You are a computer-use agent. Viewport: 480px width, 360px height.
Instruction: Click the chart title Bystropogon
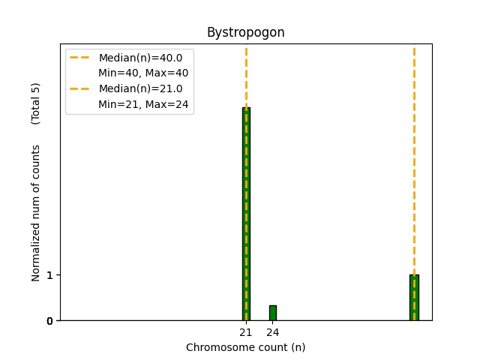tap(245, 33)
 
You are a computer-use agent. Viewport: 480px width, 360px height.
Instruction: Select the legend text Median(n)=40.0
tap(140, 58)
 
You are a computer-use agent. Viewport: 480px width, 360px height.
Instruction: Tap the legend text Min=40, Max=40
tap(143, 73)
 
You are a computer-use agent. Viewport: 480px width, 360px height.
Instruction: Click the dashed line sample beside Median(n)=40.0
tap(80, 58)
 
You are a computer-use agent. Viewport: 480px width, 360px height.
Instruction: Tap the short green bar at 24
tap(273, 313)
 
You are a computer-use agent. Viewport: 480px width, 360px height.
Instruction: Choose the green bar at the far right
tap(414, 298)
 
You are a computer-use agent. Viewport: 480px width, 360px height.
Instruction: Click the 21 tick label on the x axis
tap(246, 332)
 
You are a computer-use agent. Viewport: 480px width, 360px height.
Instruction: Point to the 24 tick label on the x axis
tap(273, 332)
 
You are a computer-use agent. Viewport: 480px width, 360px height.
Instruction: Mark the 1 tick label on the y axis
tap(49, 275)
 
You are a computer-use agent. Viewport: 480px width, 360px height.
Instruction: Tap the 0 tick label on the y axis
tap(49, 321)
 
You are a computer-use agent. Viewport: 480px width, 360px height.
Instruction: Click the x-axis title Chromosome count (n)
tap(245, 347)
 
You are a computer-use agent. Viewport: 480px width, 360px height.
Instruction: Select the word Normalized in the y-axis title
tap(36, 255)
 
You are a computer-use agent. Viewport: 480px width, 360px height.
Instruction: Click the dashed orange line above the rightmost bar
tap(414, 150)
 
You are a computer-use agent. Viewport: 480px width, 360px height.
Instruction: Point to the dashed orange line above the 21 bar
tap(246, 75)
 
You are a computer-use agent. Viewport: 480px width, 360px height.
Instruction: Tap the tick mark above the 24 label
tap(273, 322)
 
